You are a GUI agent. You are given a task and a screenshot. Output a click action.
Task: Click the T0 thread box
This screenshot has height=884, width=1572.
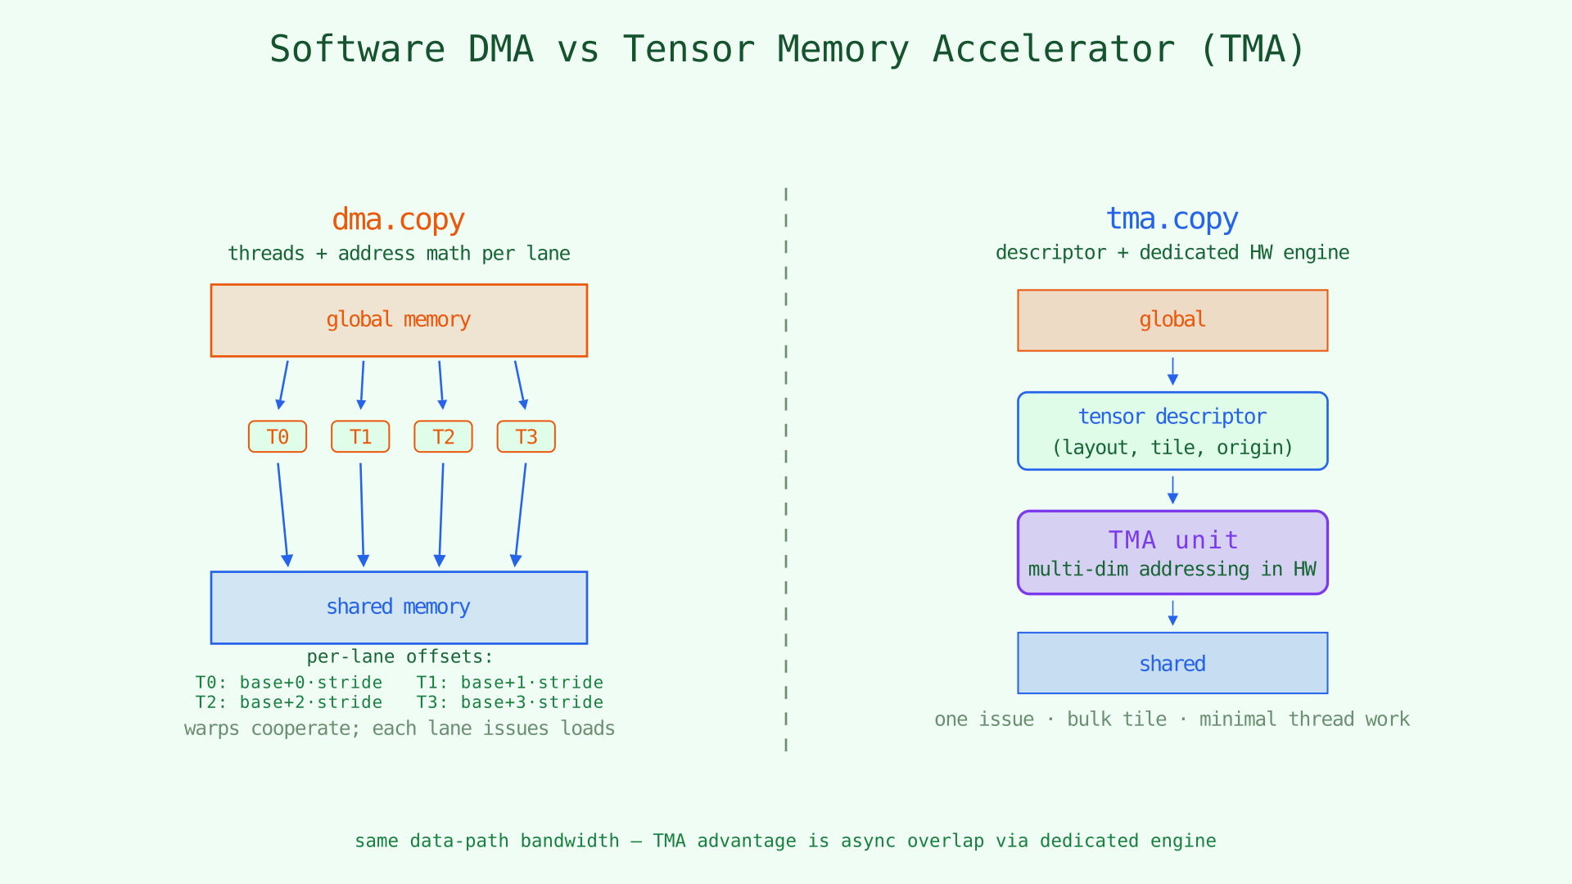pos(278,436)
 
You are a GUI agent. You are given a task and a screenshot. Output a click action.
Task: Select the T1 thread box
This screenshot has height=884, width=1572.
pos(360,436)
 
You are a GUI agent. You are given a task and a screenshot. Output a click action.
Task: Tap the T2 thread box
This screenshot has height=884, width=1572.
pos(443,436)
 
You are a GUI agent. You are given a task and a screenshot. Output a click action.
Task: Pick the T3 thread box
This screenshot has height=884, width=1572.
pos(526,436)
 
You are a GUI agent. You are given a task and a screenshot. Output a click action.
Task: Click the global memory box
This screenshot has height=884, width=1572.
pos(399,320)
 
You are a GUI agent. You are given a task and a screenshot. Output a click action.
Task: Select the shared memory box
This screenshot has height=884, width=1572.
pos(399,607)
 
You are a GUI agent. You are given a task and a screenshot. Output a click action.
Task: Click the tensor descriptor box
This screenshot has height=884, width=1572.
pos(1172,431)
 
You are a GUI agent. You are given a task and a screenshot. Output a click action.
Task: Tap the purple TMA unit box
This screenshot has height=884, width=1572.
pos(1172,552)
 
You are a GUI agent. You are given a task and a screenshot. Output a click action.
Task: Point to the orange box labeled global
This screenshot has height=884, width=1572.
pos(1172,320)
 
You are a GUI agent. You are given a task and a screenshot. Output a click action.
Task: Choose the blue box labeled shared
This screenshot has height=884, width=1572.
pos(1172,663)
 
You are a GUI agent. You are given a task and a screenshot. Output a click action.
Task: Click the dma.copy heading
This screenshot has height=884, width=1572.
pos(399,219)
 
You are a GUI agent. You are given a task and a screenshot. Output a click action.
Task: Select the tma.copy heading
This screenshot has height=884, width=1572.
pos(1172,219)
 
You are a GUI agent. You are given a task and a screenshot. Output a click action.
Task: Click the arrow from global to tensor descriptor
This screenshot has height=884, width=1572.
pos(1172,371)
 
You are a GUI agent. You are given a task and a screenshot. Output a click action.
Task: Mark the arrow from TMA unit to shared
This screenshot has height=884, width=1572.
pos(1172,613)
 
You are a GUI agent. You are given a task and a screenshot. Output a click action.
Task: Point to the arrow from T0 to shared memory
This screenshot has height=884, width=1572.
pos(282,514)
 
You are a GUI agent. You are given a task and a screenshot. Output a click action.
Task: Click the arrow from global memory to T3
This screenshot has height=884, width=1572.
pos(520,385)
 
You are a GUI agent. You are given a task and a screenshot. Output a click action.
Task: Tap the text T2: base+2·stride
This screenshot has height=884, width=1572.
pos(288,702)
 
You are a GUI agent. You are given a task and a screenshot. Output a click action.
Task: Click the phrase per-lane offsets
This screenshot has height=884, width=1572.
pos(400,656)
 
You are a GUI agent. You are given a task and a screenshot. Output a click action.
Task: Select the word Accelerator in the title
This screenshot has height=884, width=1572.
pos(1053,49)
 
